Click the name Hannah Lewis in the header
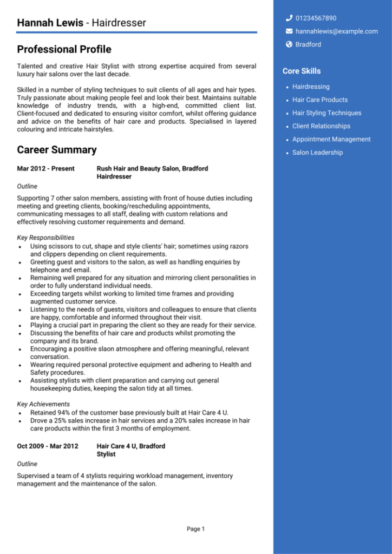[x=50, y=23]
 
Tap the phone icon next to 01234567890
[x=289, y=18]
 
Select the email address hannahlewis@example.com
[x=336, y=31]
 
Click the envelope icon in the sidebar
[x=289, y=31]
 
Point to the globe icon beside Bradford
[x=289, y=44]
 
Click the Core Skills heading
[x=301, y=71]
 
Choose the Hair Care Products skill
[x=319, y=100]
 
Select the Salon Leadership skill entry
[x=317, y=153]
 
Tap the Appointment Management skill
[x=331, y=139]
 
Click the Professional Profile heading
[x=64, y=50]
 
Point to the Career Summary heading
[x=56, y=150]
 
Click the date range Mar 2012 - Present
[x=45, y=169]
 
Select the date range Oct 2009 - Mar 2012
[x=47, y=446]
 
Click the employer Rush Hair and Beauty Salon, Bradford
[x=152, y=169]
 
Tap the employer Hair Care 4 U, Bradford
[x=130, y=446]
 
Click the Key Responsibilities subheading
[x=45, y=238]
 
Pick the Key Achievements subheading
[x=43, y=404]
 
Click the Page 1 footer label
[x=195, y=529]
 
